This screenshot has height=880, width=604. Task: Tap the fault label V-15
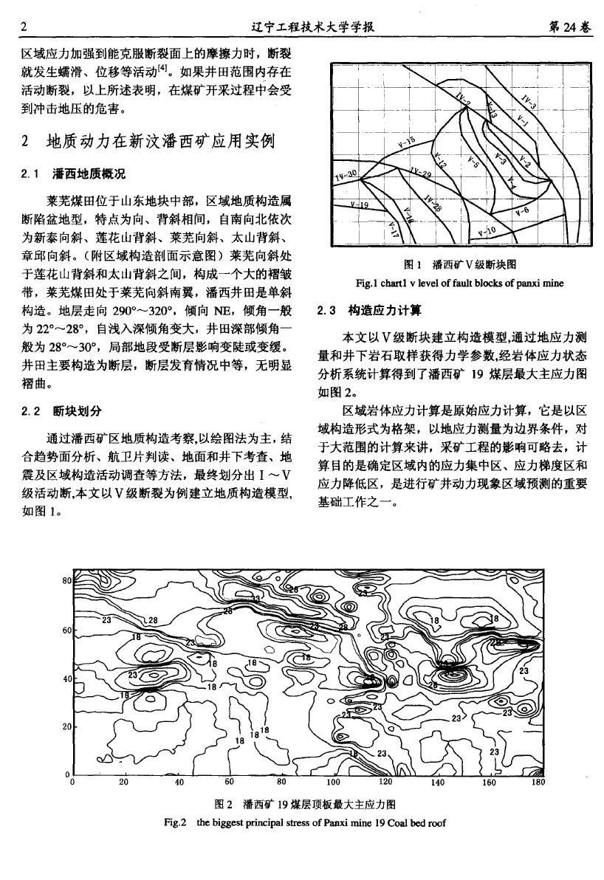coord(407,142)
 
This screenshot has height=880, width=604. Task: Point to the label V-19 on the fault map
coord(360,206)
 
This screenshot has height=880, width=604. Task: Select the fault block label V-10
coord(487,232)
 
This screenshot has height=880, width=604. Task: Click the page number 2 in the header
coord(24,28)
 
